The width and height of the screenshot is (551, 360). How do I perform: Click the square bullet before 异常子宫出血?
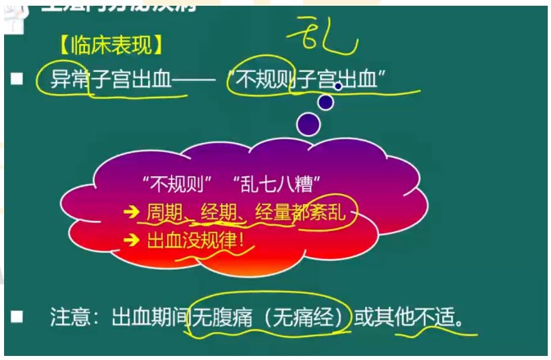click(16, 79)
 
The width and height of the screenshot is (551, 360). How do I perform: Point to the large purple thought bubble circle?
click(309, 124)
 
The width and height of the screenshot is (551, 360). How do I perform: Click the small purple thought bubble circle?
click(326, 102)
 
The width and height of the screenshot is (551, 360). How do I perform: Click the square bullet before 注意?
click(16, 316)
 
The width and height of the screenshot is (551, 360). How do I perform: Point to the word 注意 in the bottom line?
click(68, 317)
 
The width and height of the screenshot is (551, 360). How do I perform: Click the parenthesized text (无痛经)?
click(301, 317)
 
